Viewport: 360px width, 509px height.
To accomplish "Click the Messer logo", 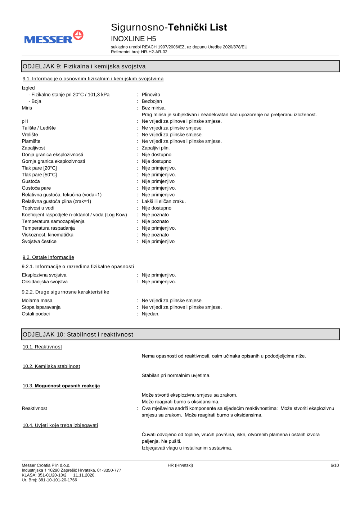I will [x=54, y=37].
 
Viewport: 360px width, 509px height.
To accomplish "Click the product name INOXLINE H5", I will [x=133, y=39].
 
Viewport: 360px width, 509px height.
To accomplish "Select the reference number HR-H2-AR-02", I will [x=154, y=52].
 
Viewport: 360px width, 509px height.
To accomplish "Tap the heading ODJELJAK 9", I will [x=84, y=66].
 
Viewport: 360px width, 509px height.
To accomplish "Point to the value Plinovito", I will [x=151, y=95].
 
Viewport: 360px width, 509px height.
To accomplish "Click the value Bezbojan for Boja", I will [x=152, y=101].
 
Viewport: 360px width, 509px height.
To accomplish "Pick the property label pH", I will [x=25, y=121].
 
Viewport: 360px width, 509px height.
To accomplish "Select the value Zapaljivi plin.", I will [x=156, y=148].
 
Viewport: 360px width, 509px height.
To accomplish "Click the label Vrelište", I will [x=30, y=135].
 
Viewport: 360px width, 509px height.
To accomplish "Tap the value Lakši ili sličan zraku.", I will [x=163, y=201].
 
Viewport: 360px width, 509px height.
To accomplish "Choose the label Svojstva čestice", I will [x=39, y=242].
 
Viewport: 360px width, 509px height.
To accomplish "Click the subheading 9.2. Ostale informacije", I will [x=48, y=257].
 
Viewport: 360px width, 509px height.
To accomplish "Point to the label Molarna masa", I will [x=37, y=301].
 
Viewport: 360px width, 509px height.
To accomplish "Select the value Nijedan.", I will [x=150, y=314].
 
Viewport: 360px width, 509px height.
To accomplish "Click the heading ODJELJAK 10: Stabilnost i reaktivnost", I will [x=78, y=334].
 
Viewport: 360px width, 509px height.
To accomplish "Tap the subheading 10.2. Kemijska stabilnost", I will [x=51, y=366].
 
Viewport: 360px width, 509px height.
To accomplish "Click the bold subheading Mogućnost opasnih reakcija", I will [x=67, y=386].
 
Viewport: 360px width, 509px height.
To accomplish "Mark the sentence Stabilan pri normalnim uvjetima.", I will [x=176, y=375].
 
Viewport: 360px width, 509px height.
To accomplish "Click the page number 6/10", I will [x=334, y=465].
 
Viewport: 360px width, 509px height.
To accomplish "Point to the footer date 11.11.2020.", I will [x=84, y=475].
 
